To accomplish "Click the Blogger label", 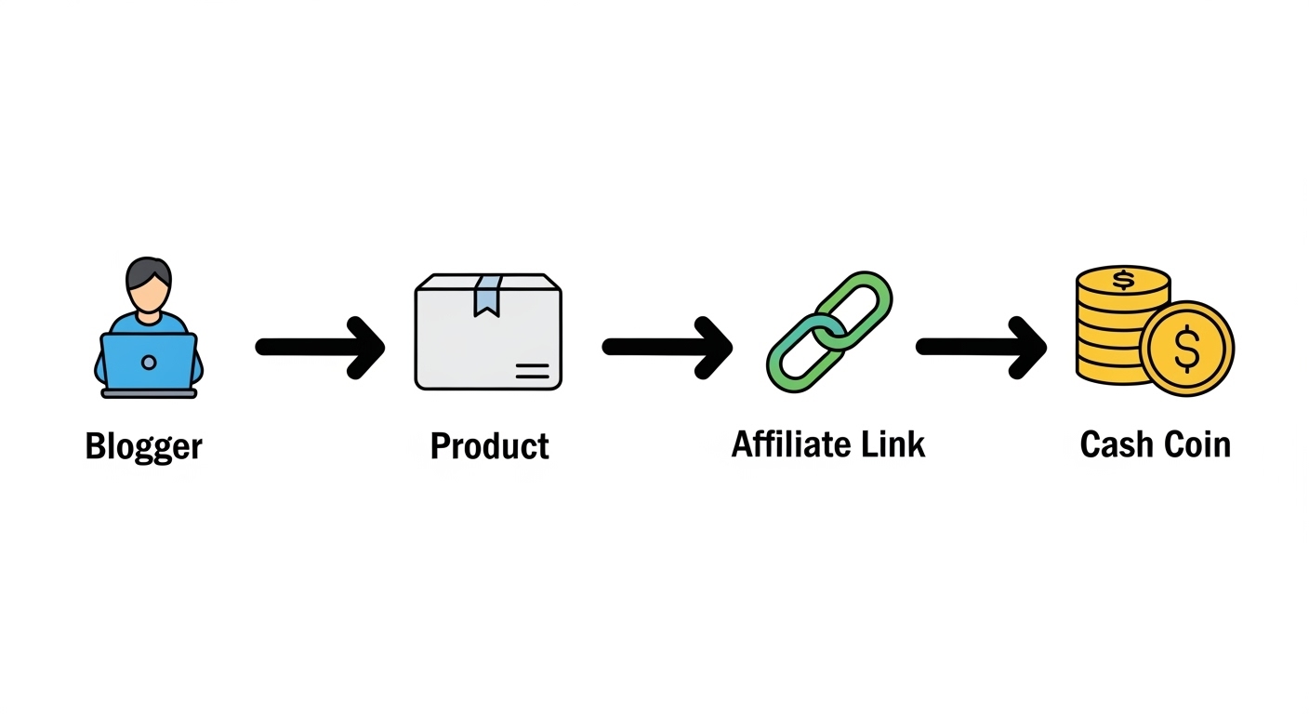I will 143,447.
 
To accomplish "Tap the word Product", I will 489,447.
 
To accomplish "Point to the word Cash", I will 1114,444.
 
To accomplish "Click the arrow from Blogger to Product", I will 320,347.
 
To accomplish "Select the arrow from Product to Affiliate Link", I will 667,347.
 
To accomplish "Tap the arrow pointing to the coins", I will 981,347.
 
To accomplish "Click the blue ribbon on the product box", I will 487,295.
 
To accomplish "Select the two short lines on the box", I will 532,372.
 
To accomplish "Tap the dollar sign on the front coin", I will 1187,349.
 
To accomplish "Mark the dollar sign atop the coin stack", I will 1124,279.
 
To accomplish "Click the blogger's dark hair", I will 149,271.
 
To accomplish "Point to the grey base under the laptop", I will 149,393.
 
